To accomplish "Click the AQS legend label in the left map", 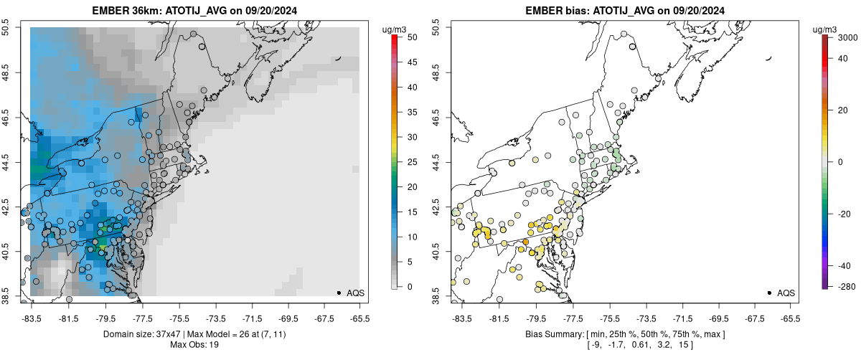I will click(x=355, y=293).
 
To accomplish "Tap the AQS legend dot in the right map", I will click(x=769, y=293).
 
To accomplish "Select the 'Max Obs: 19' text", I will click(x=194, y=345).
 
